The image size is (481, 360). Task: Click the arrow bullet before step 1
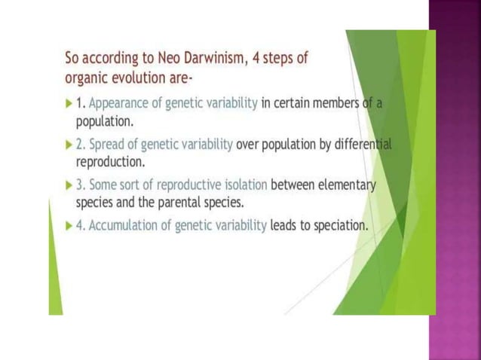coord(70,103)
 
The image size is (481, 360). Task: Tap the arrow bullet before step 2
coord(70,145)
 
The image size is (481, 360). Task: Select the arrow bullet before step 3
coord(70,185)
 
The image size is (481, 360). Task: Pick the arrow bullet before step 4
coord(70,226)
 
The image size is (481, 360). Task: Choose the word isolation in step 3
coord(241,185)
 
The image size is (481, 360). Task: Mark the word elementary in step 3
coord(344,185)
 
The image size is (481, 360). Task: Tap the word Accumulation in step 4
coord(123,226)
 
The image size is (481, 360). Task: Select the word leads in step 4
coord(285,226)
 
